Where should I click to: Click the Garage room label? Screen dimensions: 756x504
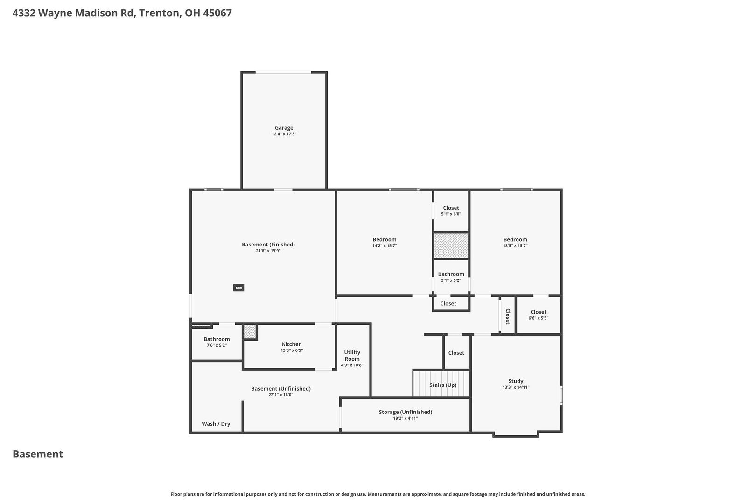pyautogui.click(x=284, y=128)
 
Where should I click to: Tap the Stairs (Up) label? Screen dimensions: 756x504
pyautogui.click(x=443, y=385)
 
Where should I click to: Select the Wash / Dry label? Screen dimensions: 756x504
pyautogui.click(x=216, y=424)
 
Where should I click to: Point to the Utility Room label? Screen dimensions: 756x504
pyautogui.click(x=352, y=356)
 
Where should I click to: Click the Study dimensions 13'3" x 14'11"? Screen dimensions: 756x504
pyautogui.click(x=516, y=387)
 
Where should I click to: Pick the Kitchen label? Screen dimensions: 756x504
pyautogui.click(x=292, y=344)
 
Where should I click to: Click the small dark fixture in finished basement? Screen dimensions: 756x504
pyautogui.click(x=238, y=287)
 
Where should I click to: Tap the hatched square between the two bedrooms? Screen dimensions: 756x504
pyautogui.click(x=451, y=245)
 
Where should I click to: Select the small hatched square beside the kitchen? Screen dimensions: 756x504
pyautogui.click(x=250, y=331)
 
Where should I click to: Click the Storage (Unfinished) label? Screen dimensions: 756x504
pyautogui.click(x=406, y=412)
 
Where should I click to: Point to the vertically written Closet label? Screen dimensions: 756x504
pyautogui.click(x=508, y=316)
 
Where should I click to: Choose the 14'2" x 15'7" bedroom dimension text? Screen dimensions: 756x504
pyautogui.click(x=385, y=245)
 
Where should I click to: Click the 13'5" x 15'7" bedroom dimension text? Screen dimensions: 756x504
pyautogui.click(x=515, y=245)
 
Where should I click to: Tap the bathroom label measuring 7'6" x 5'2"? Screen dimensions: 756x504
pyautogui.click(x=217, y=339)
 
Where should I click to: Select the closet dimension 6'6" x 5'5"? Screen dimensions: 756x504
pyautogui.click(x=539, y=318)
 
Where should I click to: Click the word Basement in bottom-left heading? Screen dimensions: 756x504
pyautogui.click(x=38, y=454)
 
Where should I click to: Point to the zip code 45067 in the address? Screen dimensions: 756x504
pyautogui.click(x=217, y=13)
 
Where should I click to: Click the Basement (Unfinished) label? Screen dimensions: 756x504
pyautogui.click(x=281, y=389)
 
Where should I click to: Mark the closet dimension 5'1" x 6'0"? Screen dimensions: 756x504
pyautogui.click(x=451, y=214)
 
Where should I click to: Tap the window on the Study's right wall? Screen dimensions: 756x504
pyautogui.click(x=561, y=395)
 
